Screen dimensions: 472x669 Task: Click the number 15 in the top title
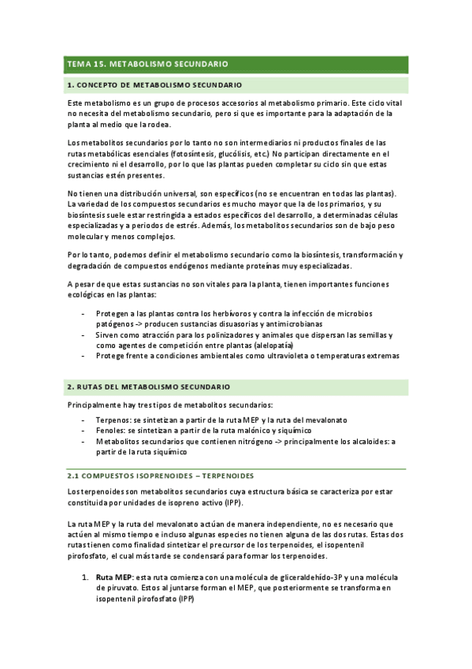[98, 63]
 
